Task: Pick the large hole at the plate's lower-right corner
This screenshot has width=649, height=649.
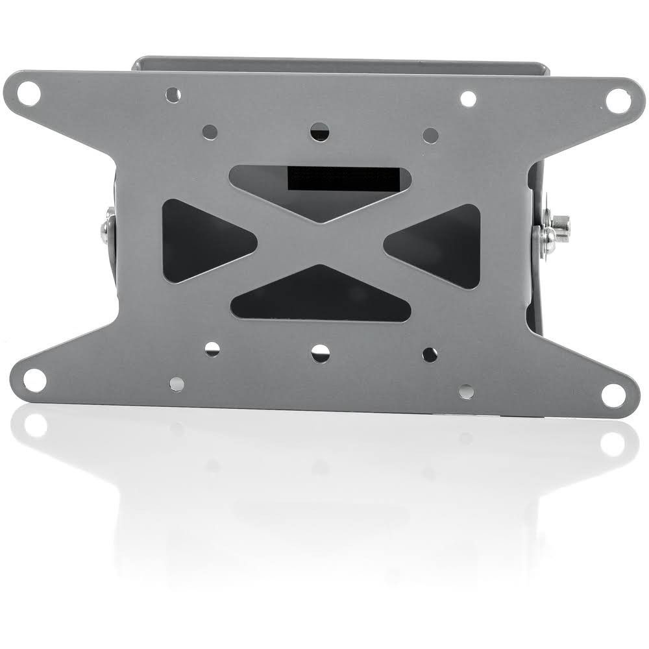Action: (613, 394)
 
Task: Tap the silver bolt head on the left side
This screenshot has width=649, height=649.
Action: (106, 229)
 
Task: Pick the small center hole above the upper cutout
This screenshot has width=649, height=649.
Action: (319, 132)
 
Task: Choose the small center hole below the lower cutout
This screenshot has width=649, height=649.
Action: (320, 353)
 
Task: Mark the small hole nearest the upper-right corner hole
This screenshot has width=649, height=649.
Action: (468, 99)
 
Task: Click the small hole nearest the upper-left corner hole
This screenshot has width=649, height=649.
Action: (173, 95)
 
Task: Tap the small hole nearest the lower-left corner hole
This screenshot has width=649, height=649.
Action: (177, 384)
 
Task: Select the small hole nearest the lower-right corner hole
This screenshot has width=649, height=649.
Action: (466, 392)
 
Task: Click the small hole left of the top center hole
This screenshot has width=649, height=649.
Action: (210, 131)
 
